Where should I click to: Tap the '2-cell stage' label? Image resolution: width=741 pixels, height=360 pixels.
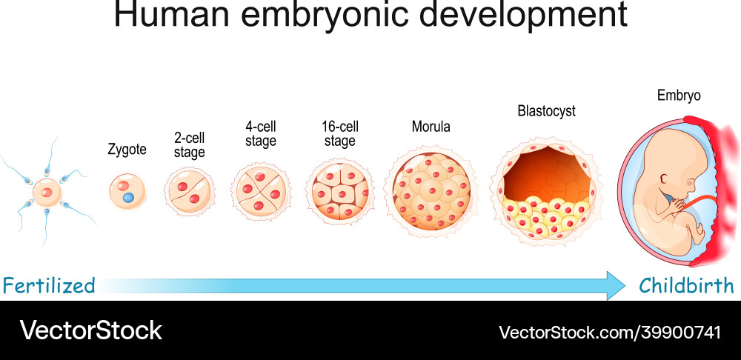pyautogui.click(x=189, y=145)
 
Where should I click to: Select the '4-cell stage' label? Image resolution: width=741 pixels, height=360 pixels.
pyautogui.click(x=260, y=134)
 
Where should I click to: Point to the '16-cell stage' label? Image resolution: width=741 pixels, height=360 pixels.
pyautogui.click(x=340, y=134)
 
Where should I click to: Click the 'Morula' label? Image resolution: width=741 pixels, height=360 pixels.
pyautogui.click(x=431, y=127)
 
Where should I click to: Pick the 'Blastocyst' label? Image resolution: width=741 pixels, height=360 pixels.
pyautogui.click(x=546, y=111)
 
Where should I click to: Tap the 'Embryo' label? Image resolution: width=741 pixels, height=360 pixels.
pyautogui.click(x=678, y=96)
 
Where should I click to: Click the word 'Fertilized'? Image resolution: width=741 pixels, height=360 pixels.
pyautogui.click(x=48, y=285)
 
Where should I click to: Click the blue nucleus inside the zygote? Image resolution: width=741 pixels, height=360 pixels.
pyautogui.click(x=129, y=199)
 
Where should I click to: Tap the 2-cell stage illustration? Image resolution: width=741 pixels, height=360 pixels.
pyautogui.click(x=190, y=192)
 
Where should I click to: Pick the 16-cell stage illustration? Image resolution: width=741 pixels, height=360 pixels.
pyautogui.click(x=339, y=191)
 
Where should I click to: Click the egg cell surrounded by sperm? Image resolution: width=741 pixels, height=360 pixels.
pyautogui.click(x=47, y=192)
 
